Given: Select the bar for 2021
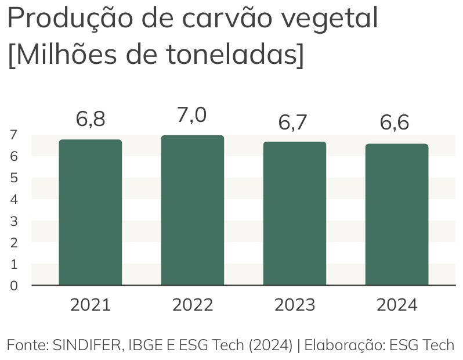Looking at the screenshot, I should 91,213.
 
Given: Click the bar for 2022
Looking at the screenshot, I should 193,210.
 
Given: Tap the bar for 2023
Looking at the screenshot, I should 295,214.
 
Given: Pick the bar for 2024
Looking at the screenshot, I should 397,215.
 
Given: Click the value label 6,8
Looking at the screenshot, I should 91,119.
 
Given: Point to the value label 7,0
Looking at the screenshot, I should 192,115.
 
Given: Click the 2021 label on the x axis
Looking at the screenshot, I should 91,305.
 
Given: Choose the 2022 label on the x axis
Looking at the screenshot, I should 193,305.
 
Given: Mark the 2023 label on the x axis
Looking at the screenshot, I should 295,305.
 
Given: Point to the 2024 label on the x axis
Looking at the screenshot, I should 397,305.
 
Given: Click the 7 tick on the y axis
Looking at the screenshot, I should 13,135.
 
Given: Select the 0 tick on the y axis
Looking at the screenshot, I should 13,286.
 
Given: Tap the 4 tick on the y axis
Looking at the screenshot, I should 13,200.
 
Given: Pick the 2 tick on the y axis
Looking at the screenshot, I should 13,243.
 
